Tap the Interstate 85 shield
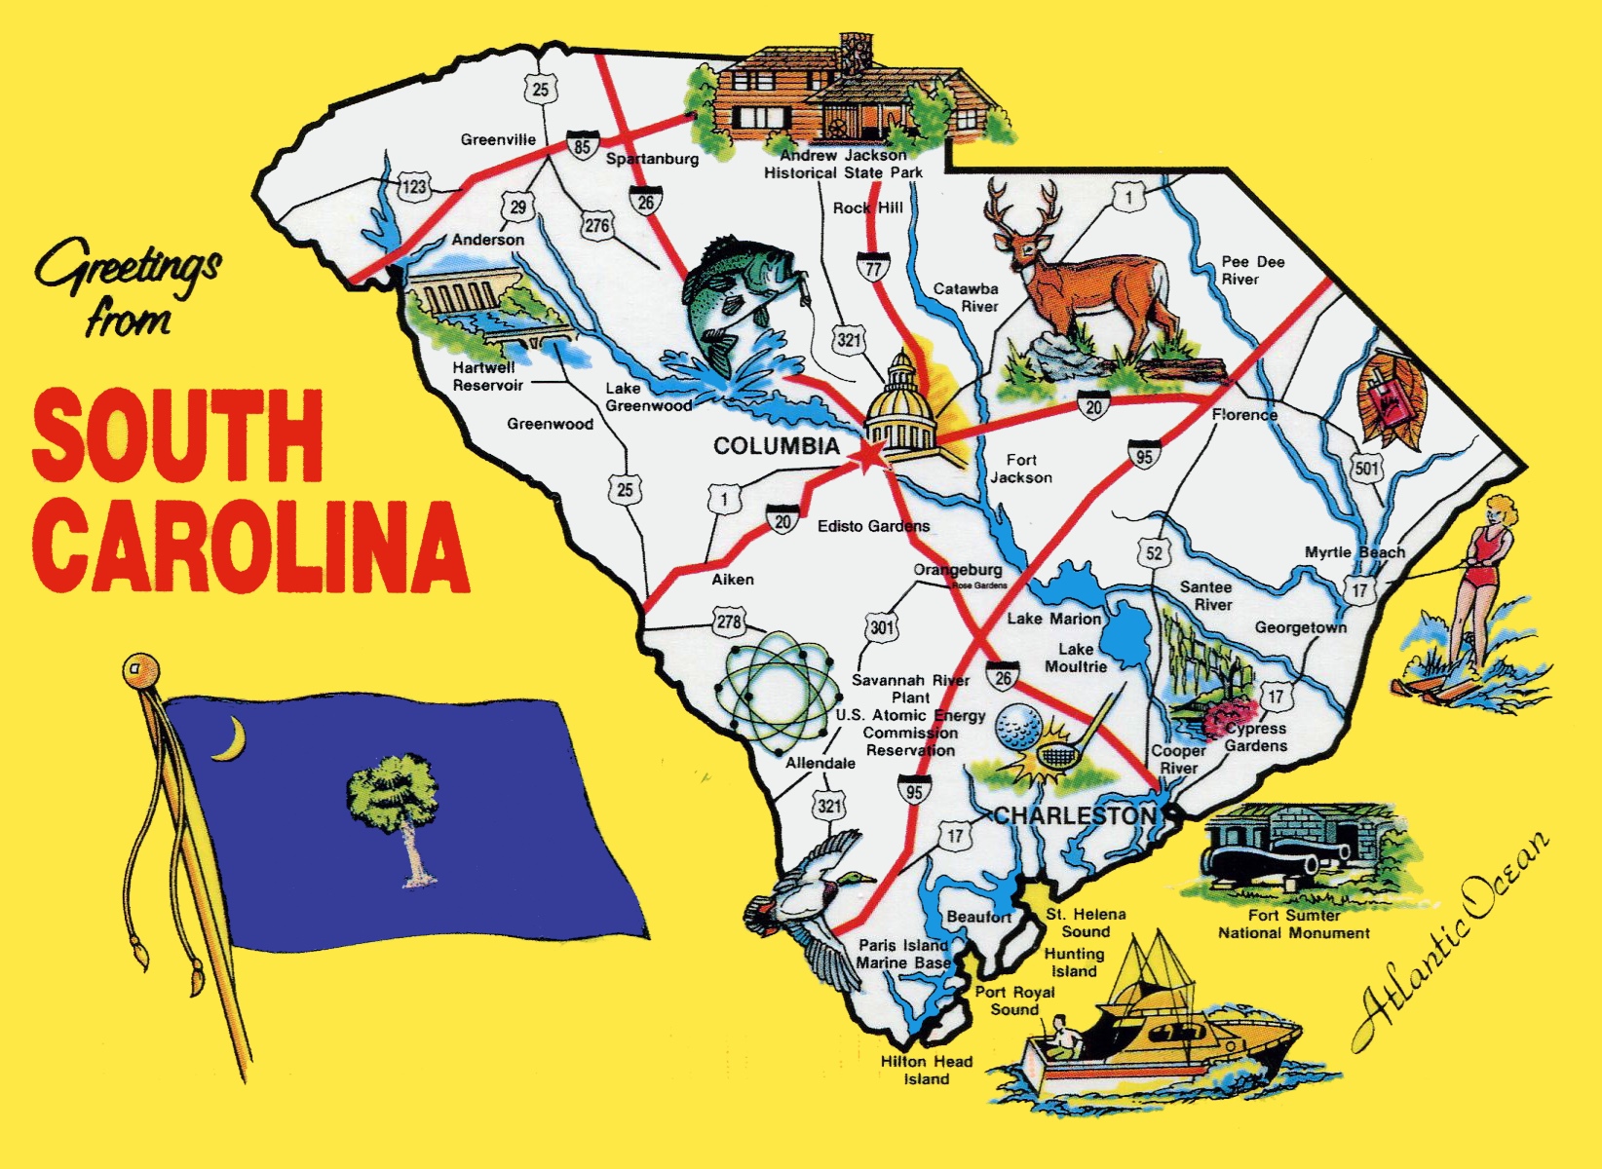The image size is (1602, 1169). pos(582,146)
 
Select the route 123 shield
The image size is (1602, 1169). pos(414,185)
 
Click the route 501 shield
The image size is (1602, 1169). pos(1366,469)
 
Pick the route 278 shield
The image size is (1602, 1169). pos(728,622)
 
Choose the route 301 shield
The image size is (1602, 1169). pos(882,626)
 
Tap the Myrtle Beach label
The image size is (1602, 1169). pos(1354,552)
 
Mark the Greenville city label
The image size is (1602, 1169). pos(498,139)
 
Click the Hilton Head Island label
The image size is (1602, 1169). pos(926,1070)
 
